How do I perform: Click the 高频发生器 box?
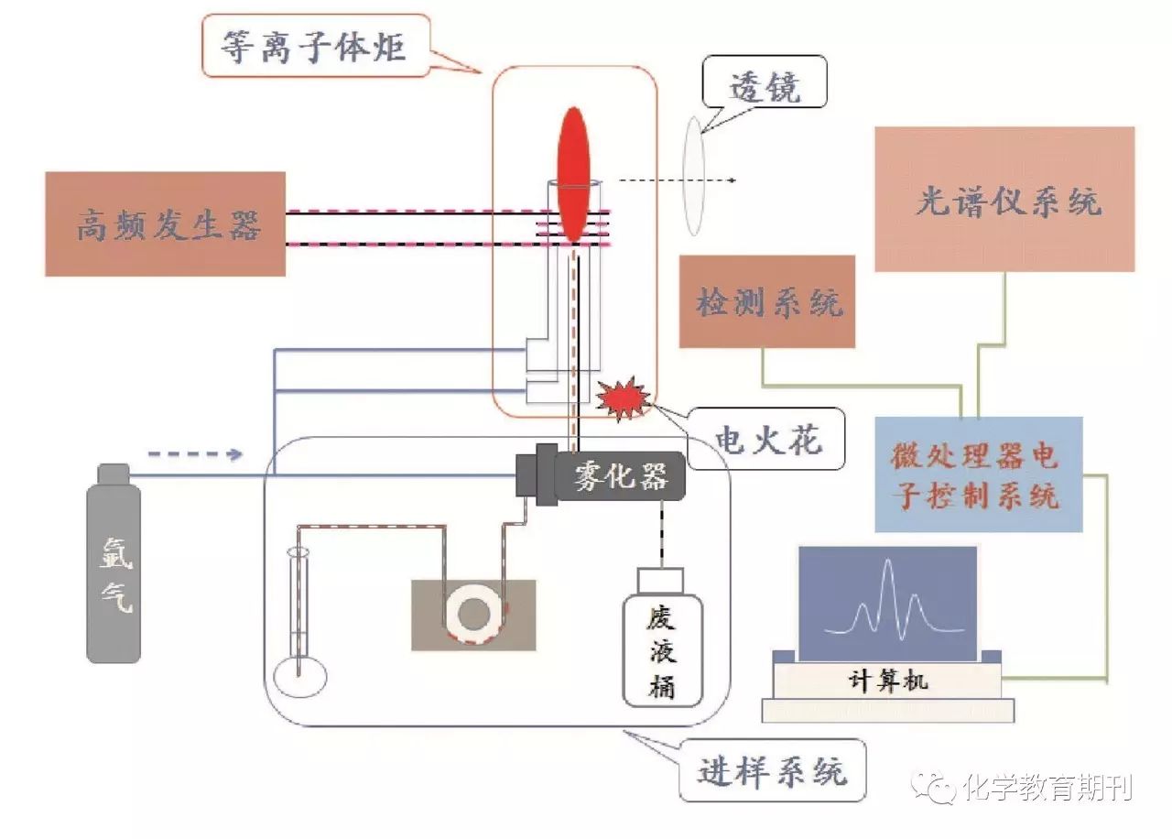(165, 223)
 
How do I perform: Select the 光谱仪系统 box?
(1004, 200)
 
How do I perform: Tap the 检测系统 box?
(767, 301)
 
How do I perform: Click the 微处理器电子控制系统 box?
(978, 474)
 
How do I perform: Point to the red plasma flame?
(574, 174)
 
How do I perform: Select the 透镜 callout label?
(765, 87)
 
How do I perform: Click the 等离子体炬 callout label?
(314, 46)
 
